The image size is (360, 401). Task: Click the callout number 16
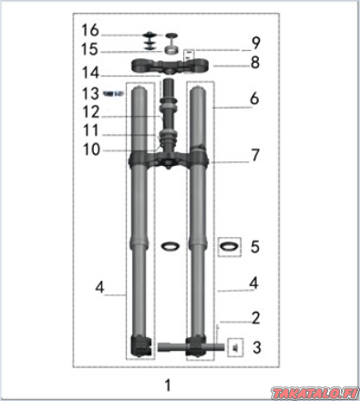coord(90,30)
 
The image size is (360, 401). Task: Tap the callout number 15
coord(89,49)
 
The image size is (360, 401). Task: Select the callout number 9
coord(256,43)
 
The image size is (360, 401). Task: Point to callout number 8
coord(255,63)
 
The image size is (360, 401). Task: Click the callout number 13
coord(90,94)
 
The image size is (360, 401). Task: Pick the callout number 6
coord(254,98)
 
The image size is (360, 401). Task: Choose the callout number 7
coord(255,155)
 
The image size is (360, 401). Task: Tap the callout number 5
coord(255,247)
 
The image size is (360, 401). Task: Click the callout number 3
coord(257,347)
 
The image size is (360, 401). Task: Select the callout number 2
coord(256,318)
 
